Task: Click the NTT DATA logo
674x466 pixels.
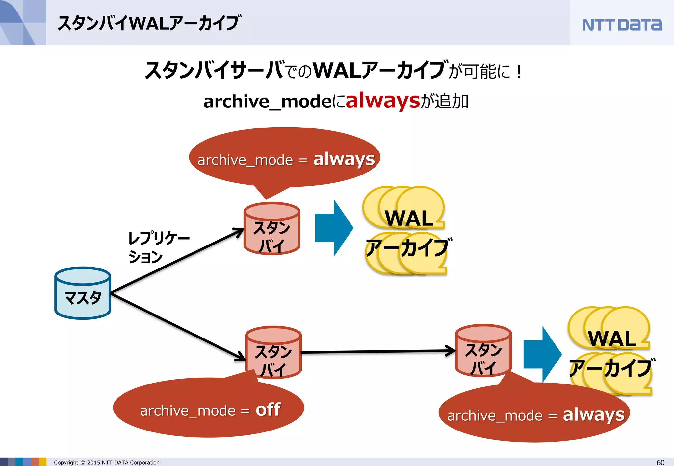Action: click(x=621, y=25)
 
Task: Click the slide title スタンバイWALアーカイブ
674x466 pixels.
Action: click(x=149, y=23)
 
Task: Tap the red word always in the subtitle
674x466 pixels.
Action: click(x=383, y=101)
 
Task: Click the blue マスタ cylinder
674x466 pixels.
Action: click(x=83, y=293)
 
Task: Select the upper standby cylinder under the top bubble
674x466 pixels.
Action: click(x=272, y=229)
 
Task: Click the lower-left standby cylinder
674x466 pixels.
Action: click(x=273, y=352)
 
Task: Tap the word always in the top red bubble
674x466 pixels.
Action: click(x=344, y=159)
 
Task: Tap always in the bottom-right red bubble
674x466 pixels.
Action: click(x=593, y=415)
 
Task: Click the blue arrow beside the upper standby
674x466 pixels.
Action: click(x=333, y=228)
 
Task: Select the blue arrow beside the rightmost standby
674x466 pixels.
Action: click(x=542, y=354)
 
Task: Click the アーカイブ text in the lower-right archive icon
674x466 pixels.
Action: click(x=611, y=368)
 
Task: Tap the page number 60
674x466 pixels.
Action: click(x=660, y=462)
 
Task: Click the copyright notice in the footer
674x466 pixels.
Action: click(x=107, y=462)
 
